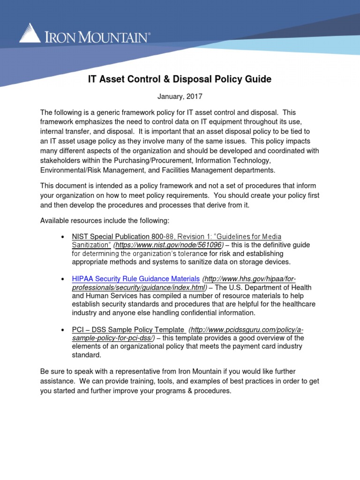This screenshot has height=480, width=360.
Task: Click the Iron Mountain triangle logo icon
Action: pos(30,34)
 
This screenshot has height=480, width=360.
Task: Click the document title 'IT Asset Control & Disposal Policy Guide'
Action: pos(180,79)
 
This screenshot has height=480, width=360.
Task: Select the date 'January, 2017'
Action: pos(180,97)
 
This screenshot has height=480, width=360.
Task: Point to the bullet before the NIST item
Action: pos(63,237)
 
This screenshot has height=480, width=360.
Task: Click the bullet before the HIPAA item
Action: pos(63,279)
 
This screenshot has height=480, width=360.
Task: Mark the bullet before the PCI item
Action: pos(63,330)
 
